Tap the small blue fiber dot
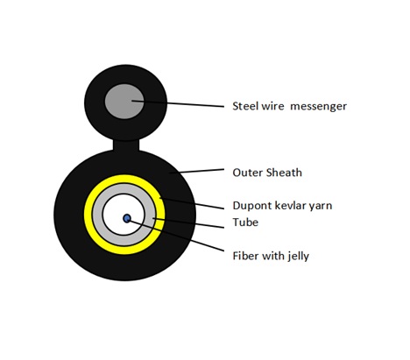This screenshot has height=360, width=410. (x=127, y=218)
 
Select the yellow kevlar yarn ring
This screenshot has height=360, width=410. (x=88, y=215)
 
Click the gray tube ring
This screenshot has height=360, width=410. (x=97, y=215)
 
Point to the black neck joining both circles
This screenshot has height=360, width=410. (x=126, y=145)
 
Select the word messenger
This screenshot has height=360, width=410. (x=318, y=106)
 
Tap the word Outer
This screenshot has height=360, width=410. (x=247, y=173)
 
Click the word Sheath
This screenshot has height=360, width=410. (x=284, y=173)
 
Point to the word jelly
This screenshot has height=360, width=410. (x=299, y=256)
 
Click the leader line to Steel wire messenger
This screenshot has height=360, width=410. (x=178, y=103)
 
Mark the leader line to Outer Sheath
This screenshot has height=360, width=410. (x=197, y=171)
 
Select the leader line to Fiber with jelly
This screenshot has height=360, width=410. (x=176, y=236)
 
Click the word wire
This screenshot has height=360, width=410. (x=272, y=106)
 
